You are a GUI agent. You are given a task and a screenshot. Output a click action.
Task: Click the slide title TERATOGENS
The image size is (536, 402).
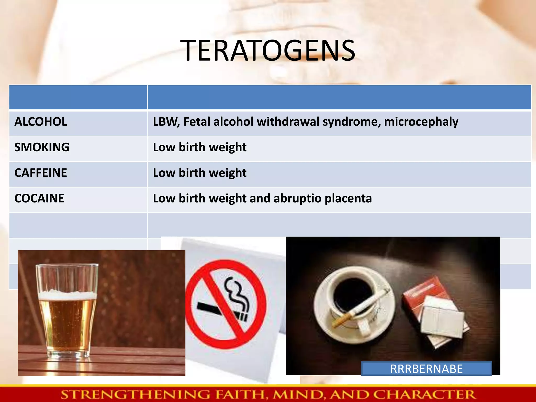tap(268, 51)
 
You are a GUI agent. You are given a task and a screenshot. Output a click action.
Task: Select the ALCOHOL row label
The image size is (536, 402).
tap(41, 122)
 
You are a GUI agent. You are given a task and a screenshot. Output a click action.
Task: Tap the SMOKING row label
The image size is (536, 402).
tap(42, 147)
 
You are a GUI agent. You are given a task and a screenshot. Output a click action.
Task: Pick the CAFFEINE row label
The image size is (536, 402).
tap(41, 173)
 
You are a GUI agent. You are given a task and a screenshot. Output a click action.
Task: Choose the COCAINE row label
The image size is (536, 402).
tap(39, 198)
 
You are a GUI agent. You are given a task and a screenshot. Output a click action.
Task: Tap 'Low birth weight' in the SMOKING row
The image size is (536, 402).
tap(200, 147)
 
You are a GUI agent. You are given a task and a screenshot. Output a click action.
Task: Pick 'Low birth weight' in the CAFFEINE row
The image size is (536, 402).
tap(200, 173)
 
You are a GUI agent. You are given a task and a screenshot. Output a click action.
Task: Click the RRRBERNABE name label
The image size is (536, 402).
tap(426, 369)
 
